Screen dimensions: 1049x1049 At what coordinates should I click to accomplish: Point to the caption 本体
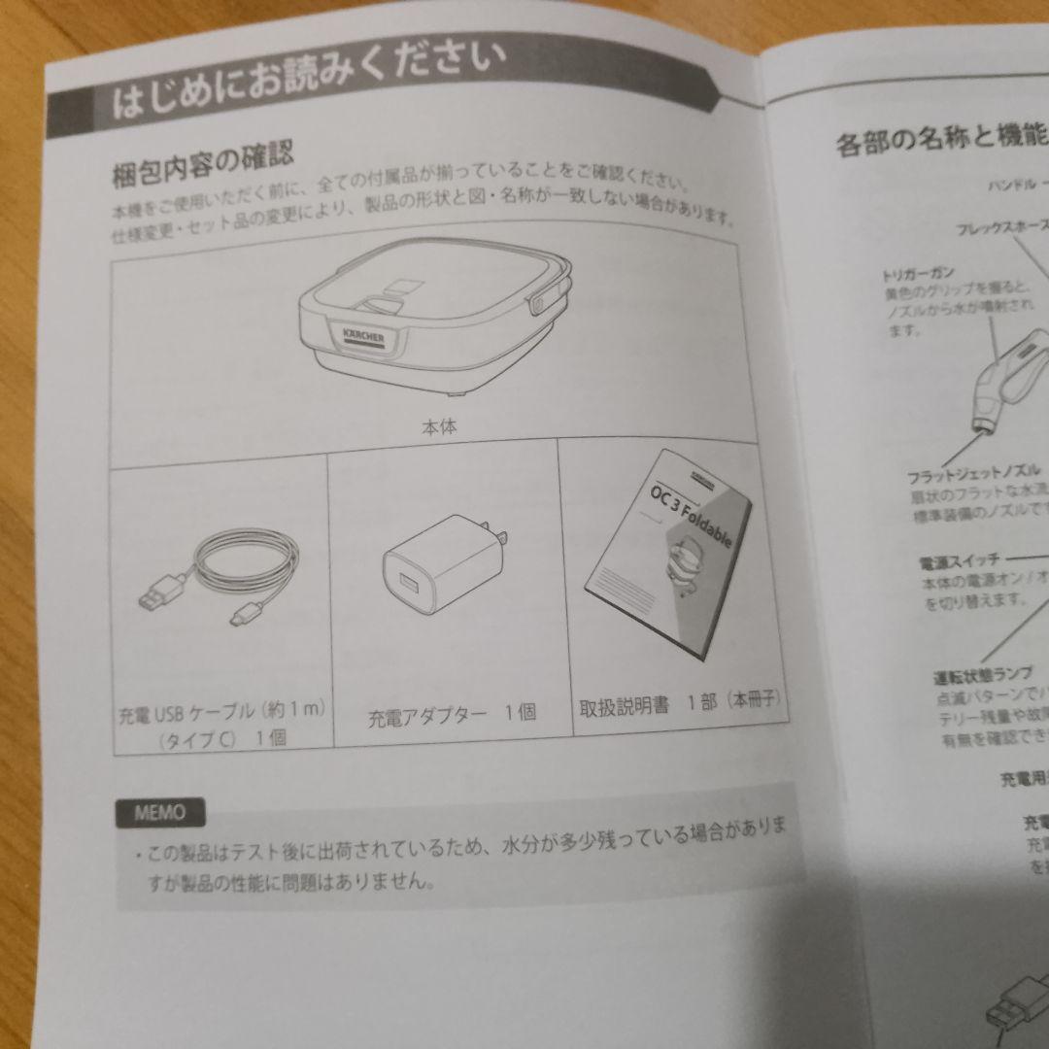click(x=439, y=425)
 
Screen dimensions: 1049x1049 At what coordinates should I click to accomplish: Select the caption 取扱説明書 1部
click(x=680, y=704)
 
